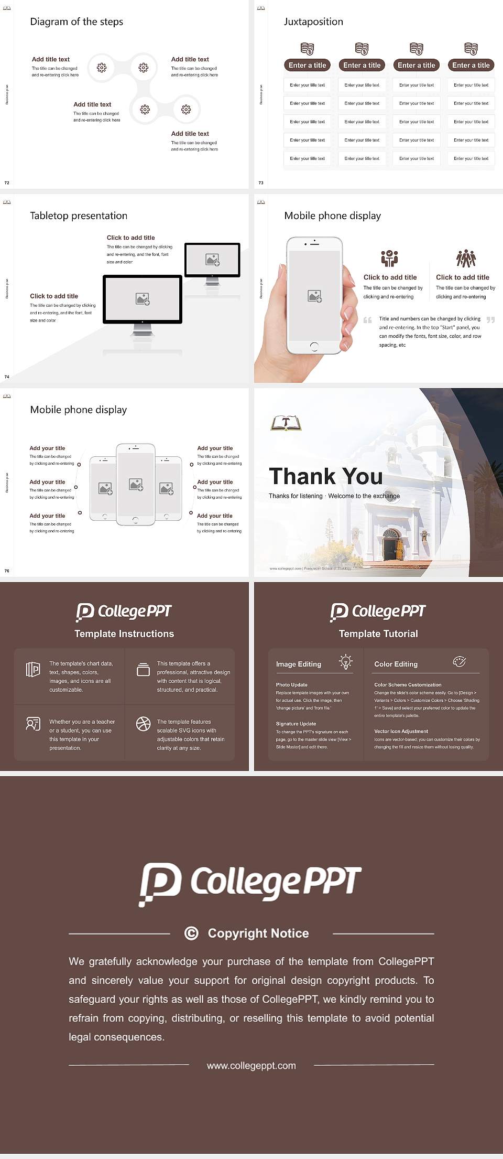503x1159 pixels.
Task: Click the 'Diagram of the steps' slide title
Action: tap(76, 22)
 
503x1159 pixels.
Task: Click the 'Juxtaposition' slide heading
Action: tap(313, 22)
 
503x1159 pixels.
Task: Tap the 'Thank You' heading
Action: tap(325, 476)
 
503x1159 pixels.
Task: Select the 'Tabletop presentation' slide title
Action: tap(79, 216)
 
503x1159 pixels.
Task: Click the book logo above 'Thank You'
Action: tap(286, 423)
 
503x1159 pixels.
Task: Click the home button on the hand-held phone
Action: tap(314, 346)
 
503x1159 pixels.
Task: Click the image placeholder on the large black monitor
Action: tap(143, 299)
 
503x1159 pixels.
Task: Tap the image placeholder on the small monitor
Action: tap(212, 259)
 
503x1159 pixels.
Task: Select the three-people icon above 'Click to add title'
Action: tap(466, 259)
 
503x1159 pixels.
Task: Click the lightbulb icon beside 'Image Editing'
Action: tap(345, 662)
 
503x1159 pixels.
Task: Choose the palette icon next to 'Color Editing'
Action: tap(459, 662)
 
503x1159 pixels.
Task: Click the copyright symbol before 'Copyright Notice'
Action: tap(191, 933)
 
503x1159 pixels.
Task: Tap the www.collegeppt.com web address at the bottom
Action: tap(251, 1066)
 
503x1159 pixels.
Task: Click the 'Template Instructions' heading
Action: tap(124, 634)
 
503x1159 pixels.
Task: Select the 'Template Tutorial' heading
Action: tap(378, 634)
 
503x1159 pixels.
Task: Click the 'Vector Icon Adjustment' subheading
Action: tap(401, 731)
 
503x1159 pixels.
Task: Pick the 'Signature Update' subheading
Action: tap(296, 724)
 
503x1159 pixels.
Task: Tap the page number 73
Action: tap(261, 183)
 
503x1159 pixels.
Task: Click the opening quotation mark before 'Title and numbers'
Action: tap(368, 320)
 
